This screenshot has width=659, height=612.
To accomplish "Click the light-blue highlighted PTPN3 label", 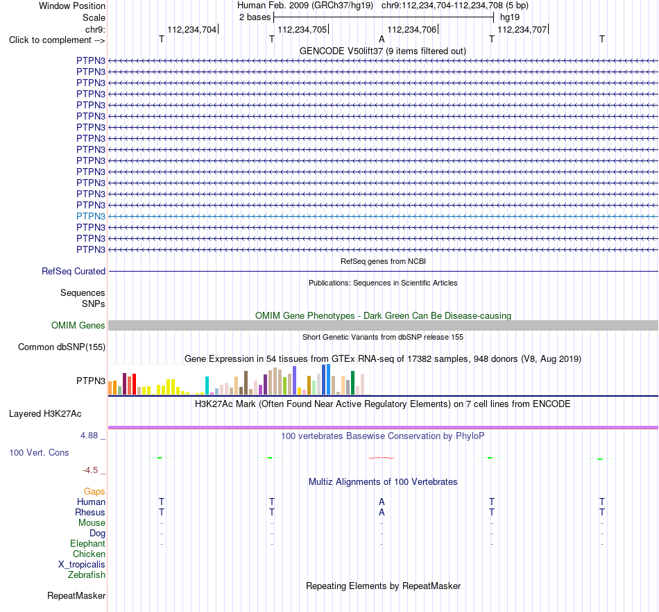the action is click(x=91, y=216).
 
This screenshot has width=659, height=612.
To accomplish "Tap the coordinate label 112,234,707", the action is click(x=522, y=29).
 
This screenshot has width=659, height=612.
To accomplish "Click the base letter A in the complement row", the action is click(x=382, y=39).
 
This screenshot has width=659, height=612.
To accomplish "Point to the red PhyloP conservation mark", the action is click(x=382, y=458).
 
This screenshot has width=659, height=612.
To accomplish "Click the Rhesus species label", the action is click(x=90, y=512).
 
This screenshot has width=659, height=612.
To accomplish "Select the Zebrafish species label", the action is click(x=87, y=575).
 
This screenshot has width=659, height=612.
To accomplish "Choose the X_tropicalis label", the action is click(x=82, y=565).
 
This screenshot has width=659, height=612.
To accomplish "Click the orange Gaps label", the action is click(x=94, y=492).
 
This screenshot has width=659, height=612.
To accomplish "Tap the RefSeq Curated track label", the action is click(x=74, y=272).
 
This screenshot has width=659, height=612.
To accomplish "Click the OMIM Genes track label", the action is click(x=78, y=325).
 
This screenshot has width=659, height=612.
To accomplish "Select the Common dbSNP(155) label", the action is click(x=62, y=347).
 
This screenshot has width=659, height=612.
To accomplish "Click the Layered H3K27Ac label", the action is click(x=45, y=414).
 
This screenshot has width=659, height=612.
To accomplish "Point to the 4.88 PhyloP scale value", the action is click(x=89, y=436).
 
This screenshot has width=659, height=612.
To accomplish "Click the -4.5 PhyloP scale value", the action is click(x=90, y=470).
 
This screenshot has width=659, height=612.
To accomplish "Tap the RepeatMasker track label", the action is click(x=76, y=595).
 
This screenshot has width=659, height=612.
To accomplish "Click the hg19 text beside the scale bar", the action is click(x=510, y=17).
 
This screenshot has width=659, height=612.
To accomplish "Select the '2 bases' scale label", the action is click(x=255, y=17).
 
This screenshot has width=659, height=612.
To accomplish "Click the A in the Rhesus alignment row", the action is click(x=382, y=512).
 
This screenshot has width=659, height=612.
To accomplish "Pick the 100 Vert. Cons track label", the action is click(x=39, y=452).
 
